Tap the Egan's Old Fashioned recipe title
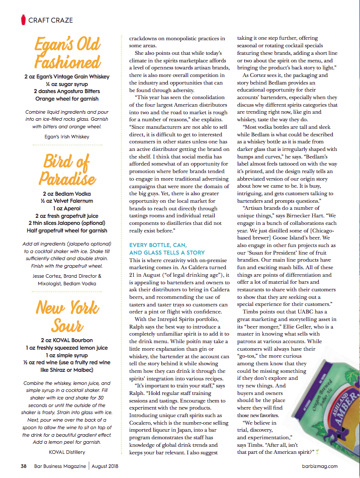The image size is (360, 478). pos(67,53)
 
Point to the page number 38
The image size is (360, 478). pos(23,466)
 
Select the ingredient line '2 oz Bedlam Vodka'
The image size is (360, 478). pos(67,193)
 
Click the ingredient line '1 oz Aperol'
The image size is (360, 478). pos(67,208)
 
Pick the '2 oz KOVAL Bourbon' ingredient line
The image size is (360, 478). pos(67,340)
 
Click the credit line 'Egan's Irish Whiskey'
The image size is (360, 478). pos(67,136)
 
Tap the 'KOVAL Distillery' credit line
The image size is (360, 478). pos(67,451)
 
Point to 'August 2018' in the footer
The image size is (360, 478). pos(108,466)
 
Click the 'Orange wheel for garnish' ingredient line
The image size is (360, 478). pos(67,99)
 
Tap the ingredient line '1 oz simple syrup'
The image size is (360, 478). pos(67,355)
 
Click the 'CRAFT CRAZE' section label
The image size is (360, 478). pos(50,20)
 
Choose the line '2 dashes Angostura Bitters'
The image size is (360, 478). pos(67,91)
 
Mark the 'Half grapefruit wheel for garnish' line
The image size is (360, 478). pos(67,230)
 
